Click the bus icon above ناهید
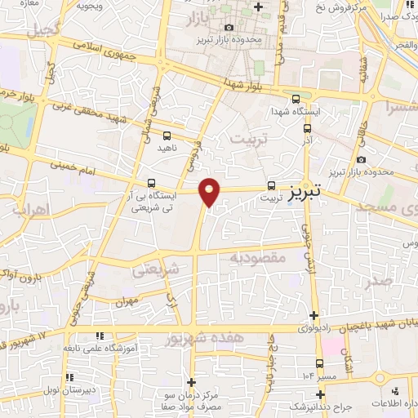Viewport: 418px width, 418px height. [167, 136]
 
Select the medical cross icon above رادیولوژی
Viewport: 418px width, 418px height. [315, 315]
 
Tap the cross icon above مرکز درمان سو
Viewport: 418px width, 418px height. [191, 381]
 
